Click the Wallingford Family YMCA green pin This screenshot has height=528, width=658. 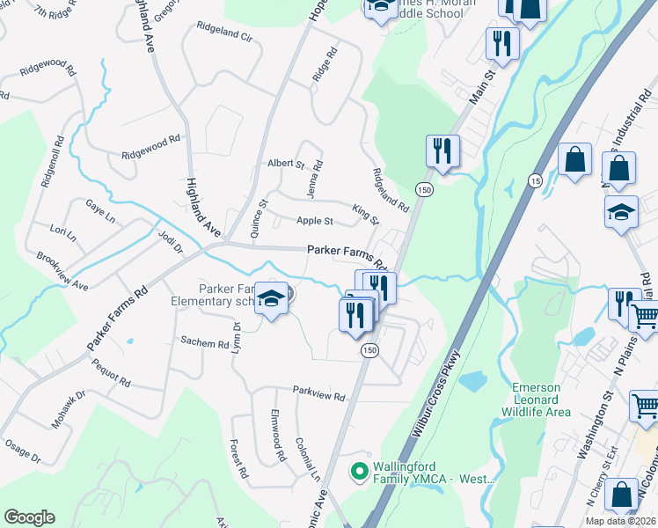point(358,472)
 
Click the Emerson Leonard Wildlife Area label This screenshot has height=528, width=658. point(542,400)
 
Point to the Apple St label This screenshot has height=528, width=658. point(314,221)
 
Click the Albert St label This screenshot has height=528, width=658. point(285,164)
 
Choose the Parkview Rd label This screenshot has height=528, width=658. point(318,396)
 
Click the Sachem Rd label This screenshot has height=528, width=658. point(204,341)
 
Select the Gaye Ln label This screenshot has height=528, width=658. point(95,206)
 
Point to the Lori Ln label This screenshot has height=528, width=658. point(63,233)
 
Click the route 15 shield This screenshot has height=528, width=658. point(534,180)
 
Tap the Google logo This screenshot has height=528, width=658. point(29,517)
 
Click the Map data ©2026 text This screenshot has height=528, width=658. point(619,521)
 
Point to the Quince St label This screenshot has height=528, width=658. point(257,219)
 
